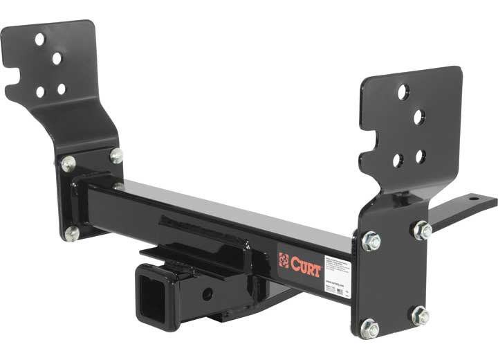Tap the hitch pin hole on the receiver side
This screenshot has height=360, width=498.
pos(206,294)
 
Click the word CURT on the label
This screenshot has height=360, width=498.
pos(304,266)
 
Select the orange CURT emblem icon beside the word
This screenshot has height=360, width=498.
pos(284,260)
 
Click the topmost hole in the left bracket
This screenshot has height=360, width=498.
pos(40,39)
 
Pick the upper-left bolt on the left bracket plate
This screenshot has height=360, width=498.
pos(68,164)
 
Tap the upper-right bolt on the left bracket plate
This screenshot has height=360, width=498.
pos(116,156)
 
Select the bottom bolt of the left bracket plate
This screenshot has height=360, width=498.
pos(71,233)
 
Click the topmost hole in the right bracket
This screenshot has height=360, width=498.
pos(403,91)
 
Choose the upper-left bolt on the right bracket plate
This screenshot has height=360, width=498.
pos(371,242)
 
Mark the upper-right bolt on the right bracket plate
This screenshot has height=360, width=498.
pos(422,230)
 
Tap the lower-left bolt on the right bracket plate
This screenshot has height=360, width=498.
pos(370,328)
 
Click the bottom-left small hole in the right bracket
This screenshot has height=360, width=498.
pos(398,160)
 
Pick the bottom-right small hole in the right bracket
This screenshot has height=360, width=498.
pos(421,156)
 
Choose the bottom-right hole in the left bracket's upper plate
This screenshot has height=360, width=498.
pos(62,89)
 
